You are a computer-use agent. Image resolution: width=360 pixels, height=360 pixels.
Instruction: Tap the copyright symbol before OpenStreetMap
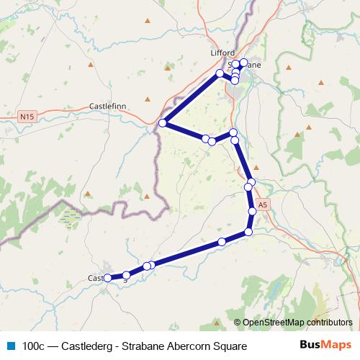click(238, 322)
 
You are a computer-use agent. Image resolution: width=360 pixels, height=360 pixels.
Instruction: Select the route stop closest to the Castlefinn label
click(163, 123)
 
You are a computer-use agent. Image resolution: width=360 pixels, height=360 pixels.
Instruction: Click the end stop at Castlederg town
click(107, 278)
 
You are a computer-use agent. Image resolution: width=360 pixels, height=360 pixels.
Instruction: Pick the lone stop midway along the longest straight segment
click(222, 242)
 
